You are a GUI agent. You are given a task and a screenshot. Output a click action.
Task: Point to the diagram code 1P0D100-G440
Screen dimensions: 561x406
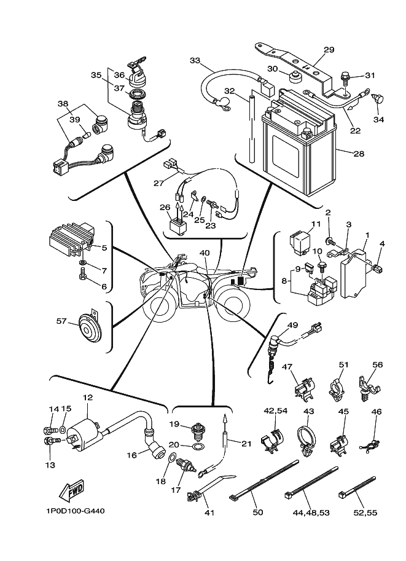(70, 511)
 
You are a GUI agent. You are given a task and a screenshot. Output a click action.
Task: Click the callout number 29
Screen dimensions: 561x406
(329, 50)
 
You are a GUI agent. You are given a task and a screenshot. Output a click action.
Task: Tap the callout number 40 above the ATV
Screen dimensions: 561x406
(204, 253)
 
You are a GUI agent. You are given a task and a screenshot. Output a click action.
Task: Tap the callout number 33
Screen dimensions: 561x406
(195, 60)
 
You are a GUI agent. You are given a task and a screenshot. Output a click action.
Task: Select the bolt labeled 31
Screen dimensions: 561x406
(345, 79)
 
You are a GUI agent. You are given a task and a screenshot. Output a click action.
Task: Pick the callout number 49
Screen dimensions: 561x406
(292, 325)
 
